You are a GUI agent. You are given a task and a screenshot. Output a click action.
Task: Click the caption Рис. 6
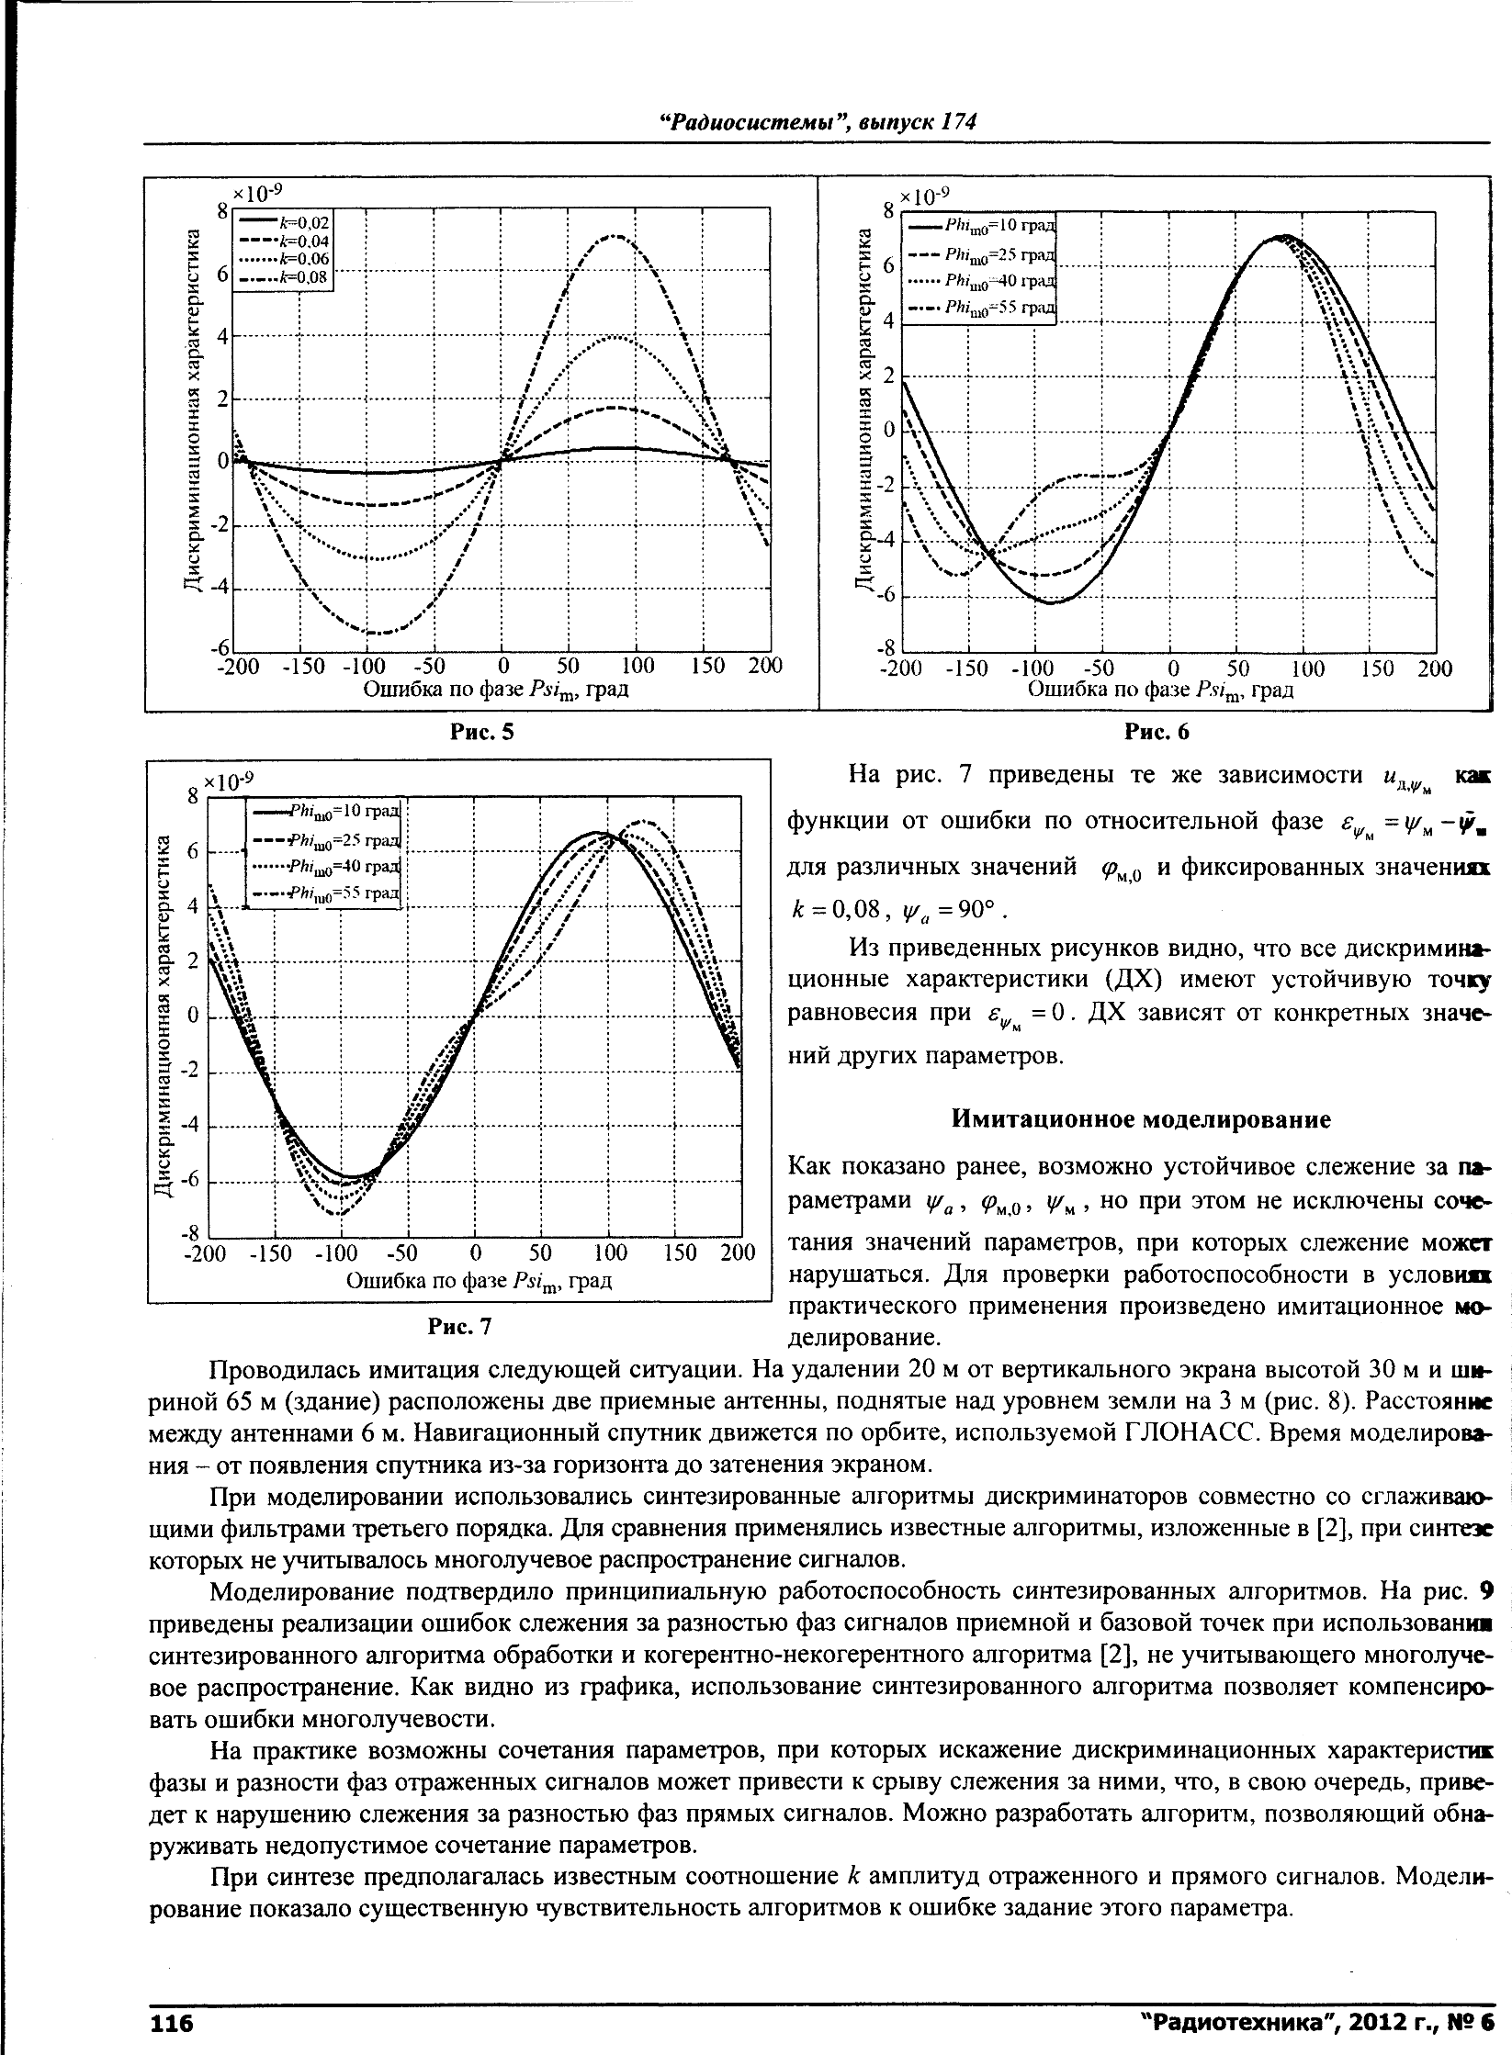[x=1157, y=732]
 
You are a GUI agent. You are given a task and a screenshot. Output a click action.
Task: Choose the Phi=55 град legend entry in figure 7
[x=327, y=893]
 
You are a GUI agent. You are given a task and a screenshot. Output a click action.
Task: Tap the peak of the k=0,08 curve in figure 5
[x=616, y=237]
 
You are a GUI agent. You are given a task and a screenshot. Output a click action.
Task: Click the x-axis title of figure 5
[x=496, y=689]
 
